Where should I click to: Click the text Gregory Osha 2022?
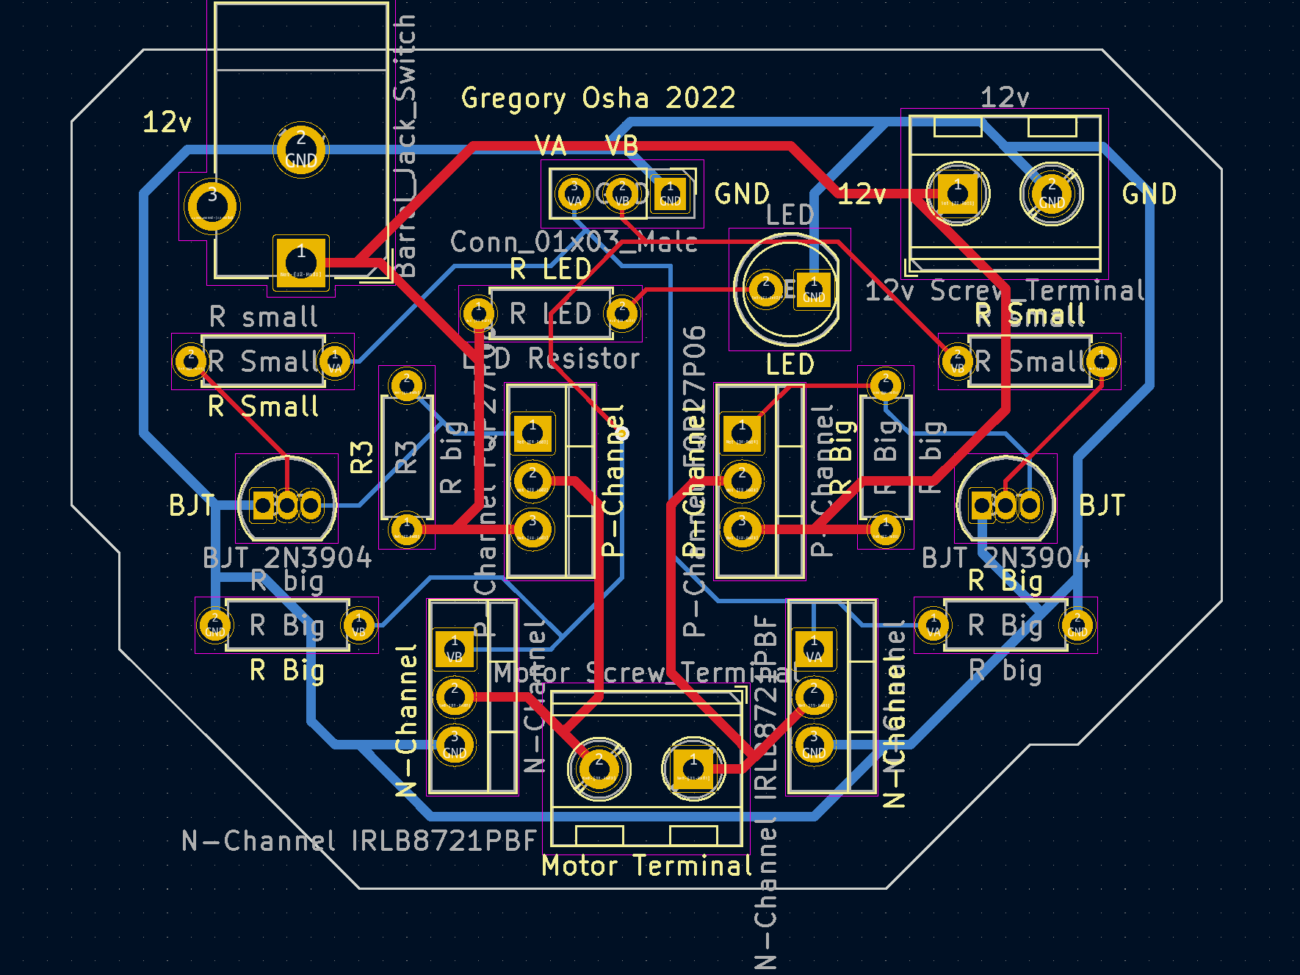pos(598,98)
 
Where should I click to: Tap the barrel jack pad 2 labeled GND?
pos(301,149)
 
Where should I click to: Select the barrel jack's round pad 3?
pos(212,206)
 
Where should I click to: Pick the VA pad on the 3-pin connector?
pos(574,194)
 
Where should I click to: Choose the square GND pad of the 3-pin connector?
pos(670,194)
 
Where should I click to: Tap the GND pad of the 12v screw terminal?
pos(1051,194)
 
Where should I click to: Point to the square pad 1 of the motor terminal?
pos(693,769)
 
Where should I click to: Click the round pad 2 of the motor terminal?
pos(599,769)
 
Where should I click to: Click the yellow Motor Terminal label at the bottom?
pos(646,866)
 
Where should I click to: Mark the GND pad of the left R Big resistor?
pos(214,625)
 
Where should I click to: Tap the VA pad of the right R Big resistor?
pos(934,625)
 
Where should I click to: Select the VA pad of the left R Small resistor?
pos(335,361)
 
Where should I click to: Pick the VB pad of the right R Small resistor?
pos(957,361)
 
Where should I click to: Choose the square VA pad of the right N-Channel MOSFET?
pos(814,650)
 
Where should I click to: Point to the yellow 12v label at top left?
pos(167,123)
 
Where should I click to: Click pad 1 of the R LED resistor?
pos(479,314)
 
